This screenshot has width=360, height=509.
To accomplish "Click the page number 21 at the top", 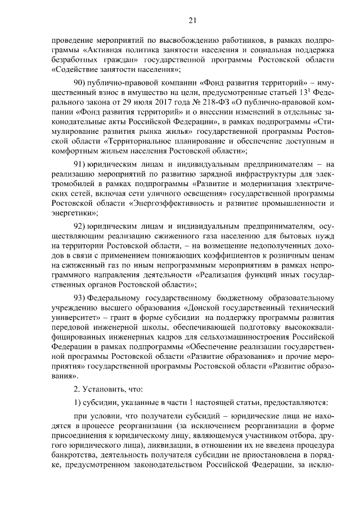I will [192, 21].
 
